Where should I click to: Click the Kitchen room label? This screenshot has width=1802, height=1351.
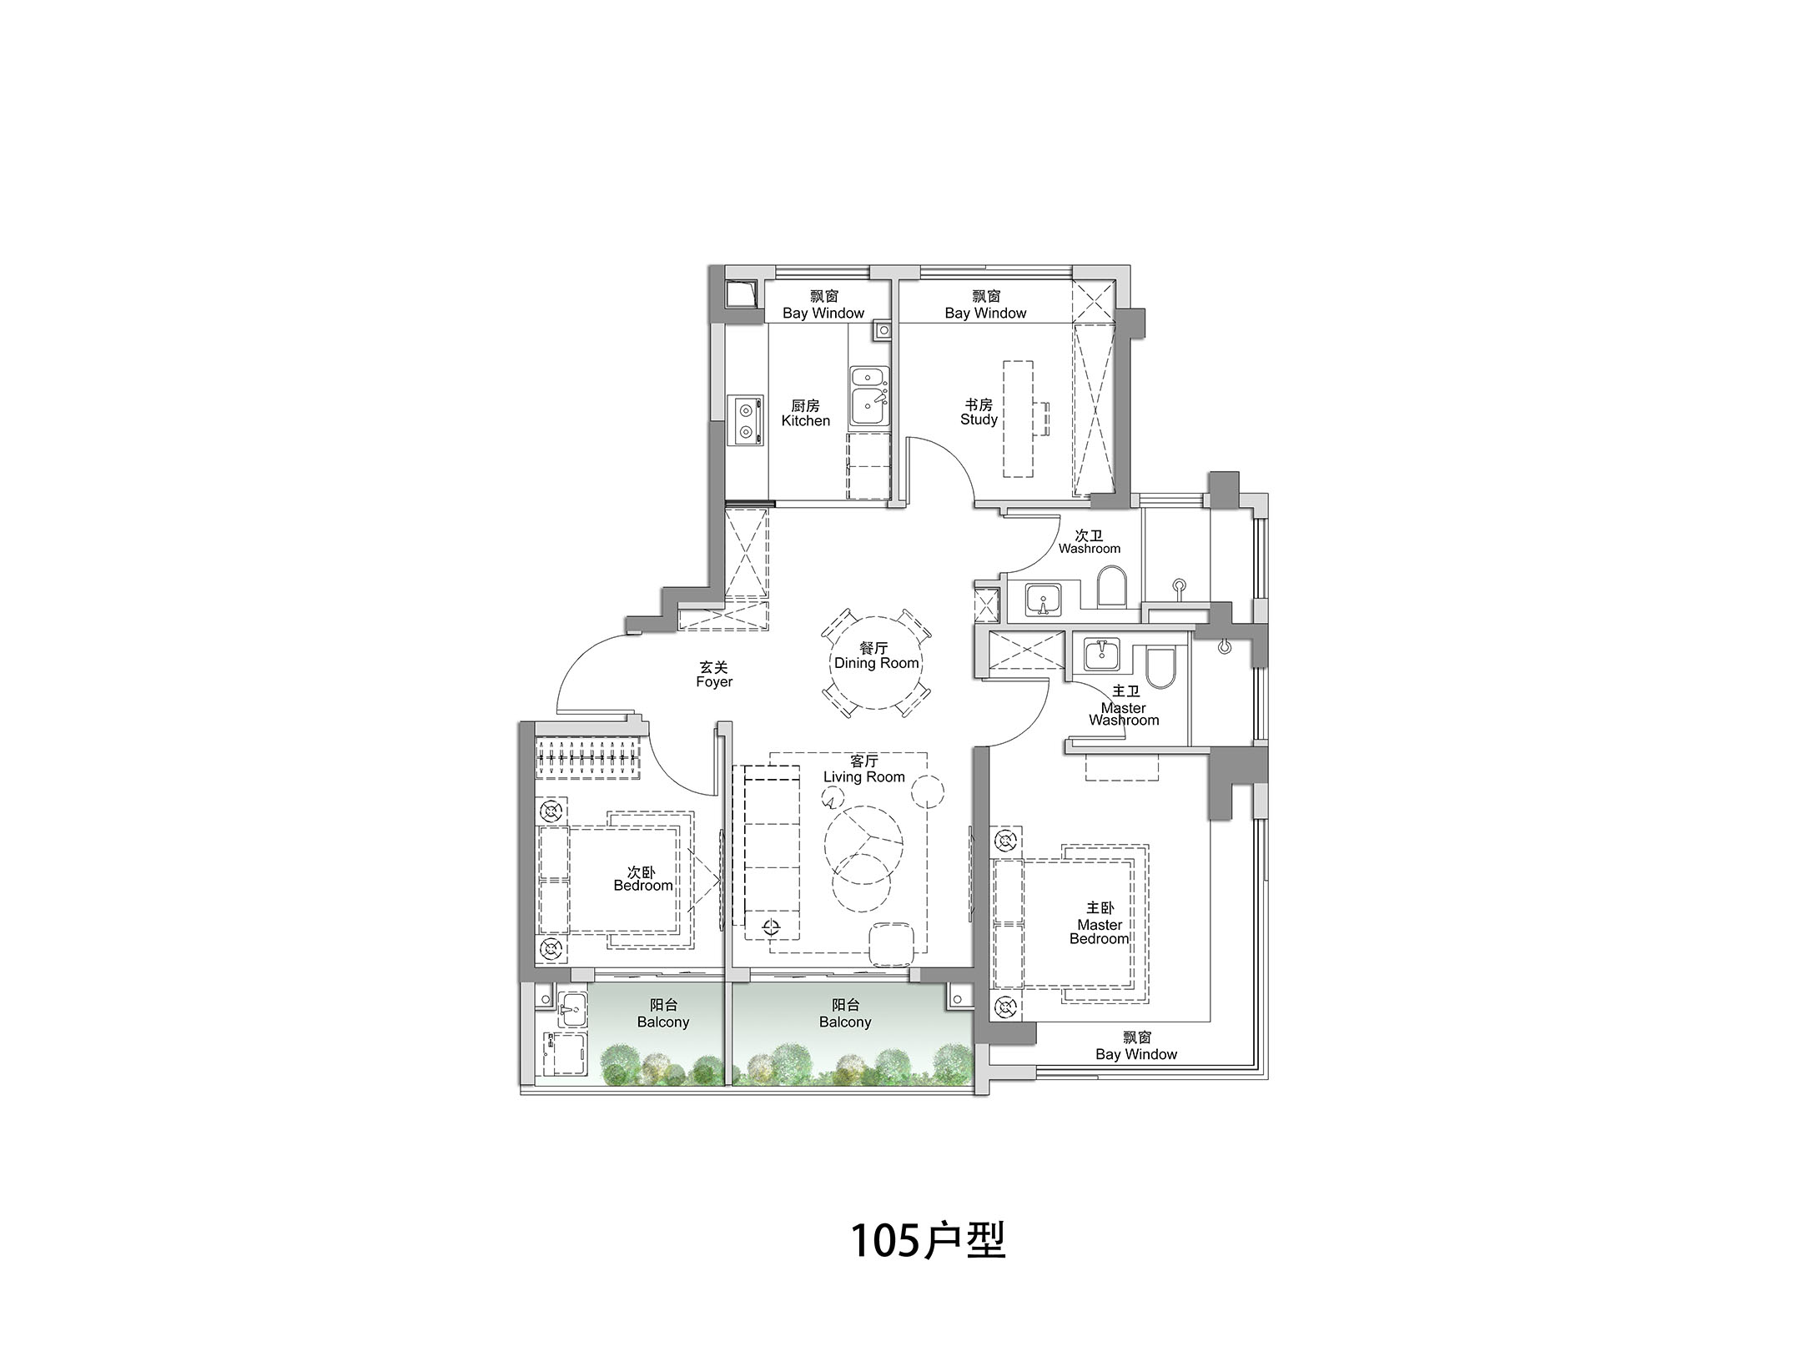click(x=805, y=414)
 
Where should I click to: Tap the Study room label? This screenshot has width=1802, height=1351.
click(x=979, y=412)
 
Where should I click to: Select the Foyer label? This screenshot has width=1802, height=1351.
click(x=714, y=675)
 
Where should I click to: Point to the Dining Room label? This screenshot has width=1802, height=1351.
click(x=877, y=655)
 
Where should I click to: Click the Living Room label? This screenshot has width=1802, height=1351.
click(x=863, y=769)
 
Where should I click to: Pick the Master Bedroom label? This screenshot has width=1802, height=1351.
click(x=1100, y=923)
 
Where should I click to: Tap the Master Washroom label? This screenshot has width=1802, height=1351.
click(x=1124, y=706)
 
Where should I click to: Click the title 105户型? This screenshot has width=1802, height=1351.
click(x=928, y=1240)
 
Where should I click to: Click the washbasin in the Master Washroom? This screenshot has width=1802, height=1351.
click(x=1103, y=653)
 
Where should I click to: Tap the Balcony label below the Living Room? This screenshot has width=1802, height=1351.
click(x=845, y=1014)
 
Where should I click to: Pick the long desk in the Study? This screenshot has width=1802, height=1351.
click(x=1018, y=419)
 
